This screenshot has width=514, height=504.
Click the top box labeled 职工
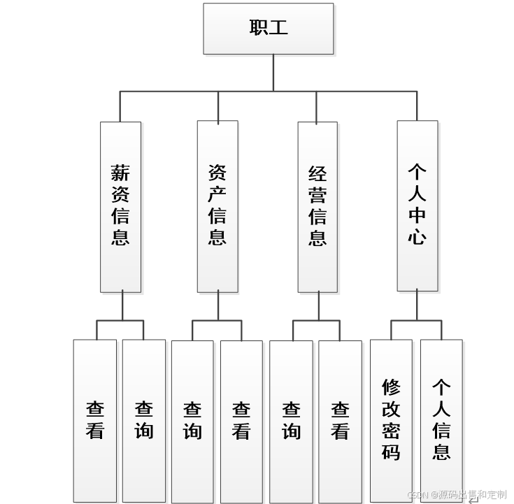pos(268,29)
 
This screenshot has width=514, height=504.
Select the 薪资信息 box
pos(120,206)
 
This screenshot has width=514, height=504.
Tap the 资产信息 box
pos(217,206)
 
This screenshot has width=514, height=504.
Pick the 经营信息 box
pos(317,206)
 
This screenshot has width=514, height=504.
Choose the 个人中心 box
pos(417,206)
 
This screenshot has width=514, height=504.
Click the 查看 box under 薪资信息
pos(95,420)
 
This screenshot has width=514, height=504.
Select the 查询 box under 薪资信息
pos(144,420)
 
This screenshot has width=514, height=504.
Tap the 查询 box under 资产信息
pos(192,420)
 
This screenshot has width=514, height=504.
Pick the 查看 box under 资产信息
pos(241,420)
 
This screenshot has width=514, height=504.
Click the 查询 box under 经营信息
pos(291,420)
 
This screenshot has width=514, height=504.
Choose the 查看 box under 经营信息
pos(341,420)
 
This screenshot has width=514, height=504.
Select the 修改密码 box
pos(391,420)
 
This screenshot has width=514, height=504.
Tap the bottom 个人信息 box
pos(441,420)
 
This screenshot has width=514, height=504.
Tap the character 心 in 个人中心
pos(417,237)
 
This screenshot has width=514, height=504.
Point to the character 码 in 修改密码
pos(391,452)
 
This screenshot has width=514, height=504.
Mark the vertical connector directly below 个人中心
pos(417,305)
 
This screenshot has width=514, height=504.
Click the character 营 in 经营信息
pos(317,195)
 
